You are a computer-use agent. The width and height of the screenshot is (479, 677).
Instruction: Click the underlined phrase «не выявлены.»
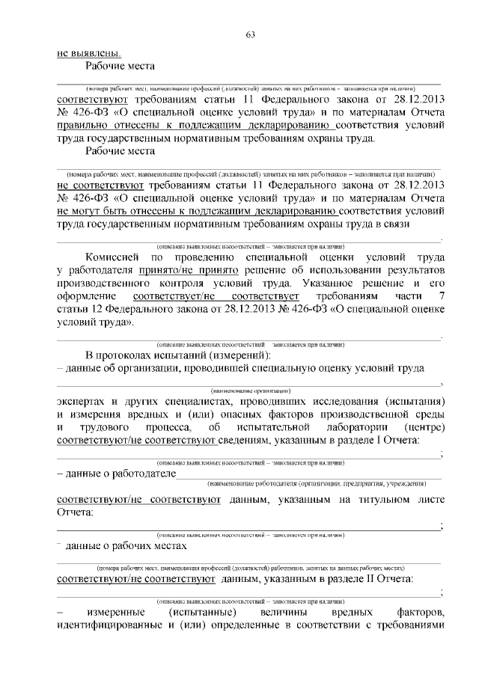click(x=88, y=53)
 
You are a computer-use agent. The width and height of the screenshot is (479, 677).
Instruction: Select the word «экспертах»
click(x=85, y=400)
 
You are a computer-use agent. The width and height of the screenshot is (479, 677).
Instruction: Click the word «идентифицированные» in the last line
click(x=112, y=627)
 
